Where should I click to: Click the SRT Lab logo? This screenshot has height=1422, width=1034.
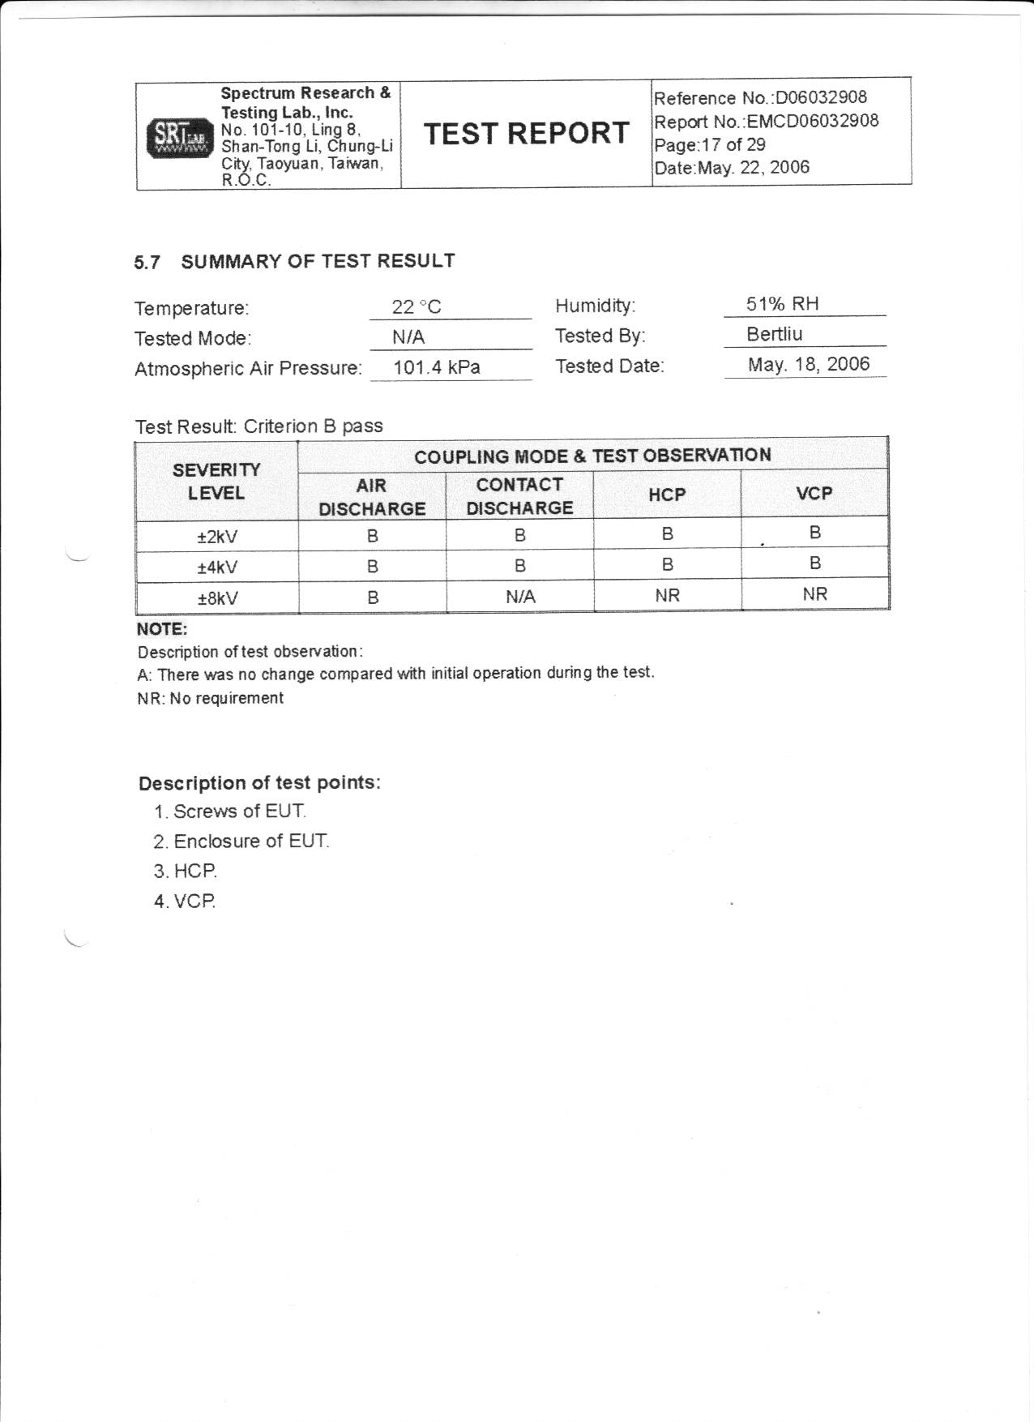pyautogui.click(x=179, y=138)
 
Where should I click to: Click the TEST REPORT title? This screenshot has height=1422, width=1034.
pyautogui.click(x=526, y=134)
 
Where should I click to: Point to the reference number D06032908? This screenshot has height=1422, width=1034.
pyautogui.click(x=821, y=98)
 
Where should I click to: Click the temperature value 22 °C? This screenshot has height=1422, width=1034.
pyautogui.click(x=417, y=306)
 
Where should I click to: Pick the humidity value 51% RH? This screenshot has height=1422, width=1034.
pyautogui.click(x=782, y=304)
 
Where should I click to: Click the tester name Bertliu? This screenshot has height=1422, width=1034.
pyautogui.click(x=774, y=334)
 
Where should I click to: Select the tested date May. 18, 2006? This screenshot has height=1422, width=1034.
pyautogui.click(x=808, y=364)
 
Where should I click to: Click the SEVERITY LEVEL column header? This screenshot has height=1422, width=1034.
pyautogui.click(x=216, y=482)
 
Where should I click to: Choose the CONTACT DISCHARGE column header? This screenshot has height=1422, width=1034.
pyautogui.click(x=519, y=496)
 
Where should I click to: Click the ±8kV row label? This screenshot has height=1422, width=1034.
pyautogui.click(x=217, y=598)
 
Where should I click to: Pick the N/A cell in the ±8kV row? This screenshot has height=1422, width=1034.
pyautogui.click(x=520, y=597)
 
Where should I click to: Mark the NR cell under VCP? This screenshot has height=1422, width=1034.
pyautogui.click(x=814, y=594)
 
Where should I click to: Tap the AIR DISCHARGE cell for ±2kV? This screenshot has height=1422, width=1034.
pyautogui.click(x=372, y=536)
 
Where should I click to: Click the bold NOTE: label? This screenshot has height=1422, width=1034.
pyautogui.click(x=162, y=629)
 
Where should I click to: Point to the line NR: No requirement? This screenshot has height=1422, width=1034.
pyautogui.click(x=211, y=698)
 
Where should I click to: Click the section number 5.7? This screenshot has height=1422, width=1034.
pyautogui.click(x=147, y=263)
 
